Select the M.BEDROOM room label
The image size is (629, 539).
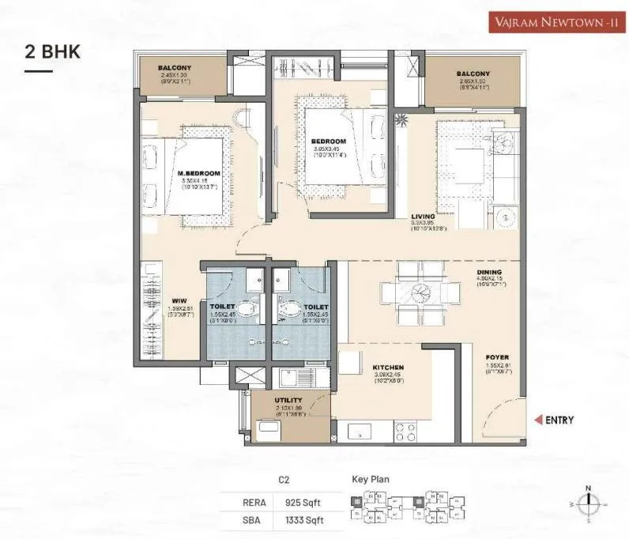(199, 173)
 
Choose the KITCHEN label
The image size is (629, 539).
(389, 367)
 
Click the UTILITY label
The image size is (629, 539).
(288, 401)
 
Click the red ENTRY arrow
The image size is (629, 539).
(539, 420)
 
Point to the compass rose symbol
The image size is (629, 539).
(588, 503)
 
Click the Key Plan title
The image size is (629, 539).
(371, 479)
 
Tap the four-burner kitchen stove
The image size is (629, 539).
(405, 432)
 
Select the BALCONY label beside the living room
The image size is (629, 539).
(473, 74)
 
